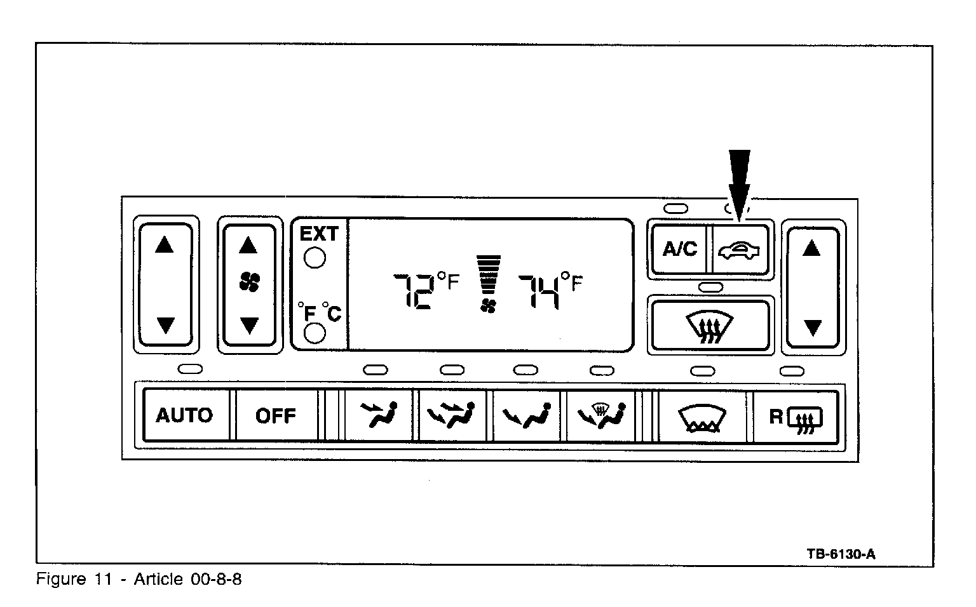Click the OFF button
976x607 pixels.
(276, 416)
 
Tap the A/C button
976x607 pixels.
(679, 249)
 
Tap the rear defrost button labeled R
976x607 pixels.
(796, 417)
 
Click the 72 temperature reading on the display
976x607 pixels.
(414, 291)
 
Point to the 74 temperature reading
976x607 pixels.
(539, 291)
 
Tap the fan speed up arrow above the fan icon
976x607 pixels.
(248, 244)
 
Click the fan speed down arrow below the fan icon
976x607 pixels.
(248, 326)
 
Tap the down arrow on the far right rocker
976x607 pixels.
(812, 328)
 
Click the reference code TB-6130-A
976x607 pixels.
(841, 554)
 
